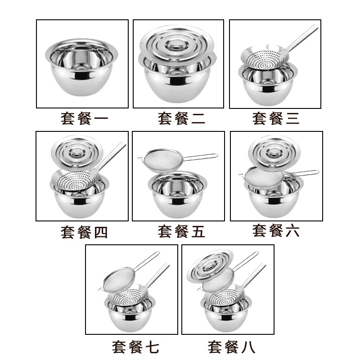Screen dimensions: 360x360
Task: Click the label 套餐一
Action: click(x=84, y=118)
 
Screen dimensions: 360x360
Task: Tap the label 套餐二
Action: click(x=181, y=118)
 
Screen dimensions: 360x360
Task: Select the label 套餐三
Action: click(x=276, y=118)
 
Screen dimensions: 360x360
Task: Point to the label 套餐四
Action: click(x=84, y=232)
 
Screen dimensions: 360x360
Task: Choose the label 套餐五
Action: click(x=181, y=231)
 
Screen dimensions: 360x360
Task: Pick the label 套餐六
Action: click(x=276, y=230)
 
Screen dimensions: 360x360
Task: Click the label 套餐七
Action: click(x=135, y=347)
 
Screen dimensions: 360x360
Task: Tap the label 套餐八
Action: click(x=231, y=347)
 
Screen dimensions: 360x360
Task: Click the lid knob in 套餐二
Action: click(x=176, y=45)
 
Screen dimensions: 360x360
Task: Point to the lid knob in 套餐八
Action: click(x=209, y=265)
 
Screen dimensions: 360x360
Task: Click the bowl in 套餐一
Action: click(x=81, y=67)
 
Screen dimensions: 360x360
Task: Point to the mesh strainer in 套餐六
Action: click(x=264, y=178)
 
